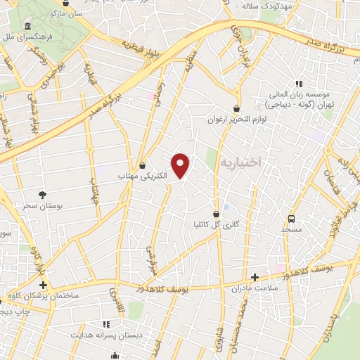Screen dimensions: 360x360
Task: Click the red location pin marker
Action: coord(181,165)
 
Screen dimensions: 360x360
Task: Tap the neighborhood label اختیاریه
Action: coord(240,162)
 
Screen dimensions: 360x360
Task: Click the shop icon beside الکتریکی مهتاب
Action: coord(143,165)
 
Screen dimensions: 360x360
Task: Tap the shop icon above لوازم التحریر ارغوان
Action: coord(236,109)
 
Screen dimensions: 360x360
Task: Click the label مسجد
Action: coord(291,229)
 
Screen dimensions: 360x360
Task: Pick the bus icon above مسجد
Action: coord(292,219)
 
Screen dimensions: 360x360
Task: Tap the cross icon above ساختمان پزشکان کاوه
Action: coord(44,285)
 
